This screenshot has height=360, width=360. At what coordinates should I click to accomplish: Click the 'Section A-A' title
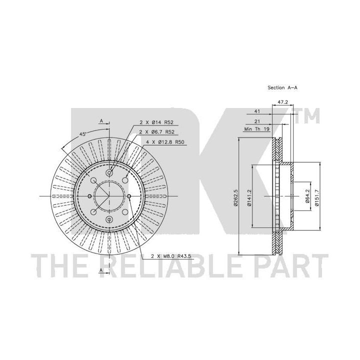tap(282, 87)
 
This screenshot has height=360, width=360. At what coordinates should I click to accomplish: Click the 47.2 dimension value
tap(283, 102)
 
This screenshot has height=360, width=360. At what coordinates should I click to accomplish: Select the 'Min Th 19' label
tap(256, 129)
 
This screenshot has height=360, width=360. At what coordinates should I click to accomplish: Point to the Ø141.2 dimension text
tap(248, 197)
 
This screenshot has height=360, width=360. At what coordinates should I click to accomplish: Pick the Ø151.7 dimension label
tap(317, 197)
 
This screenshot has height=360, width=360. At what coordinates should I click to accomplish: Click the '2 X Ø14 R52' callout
tap(156, 122)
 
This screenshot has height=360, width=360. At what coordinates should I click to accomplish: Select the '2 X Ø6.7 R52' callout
tap(157, 132)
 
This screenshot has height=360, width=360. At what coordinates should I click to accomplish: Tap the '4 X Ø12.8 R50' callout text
tap(165, 142)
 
